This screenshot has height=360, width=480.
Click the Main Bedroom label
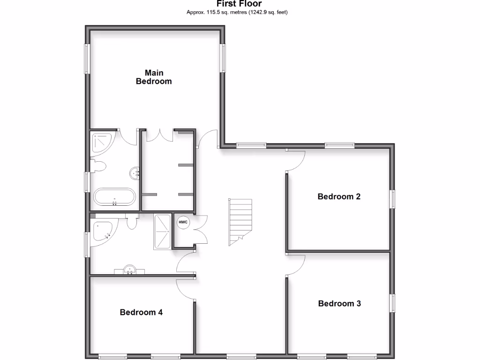coord(154,77)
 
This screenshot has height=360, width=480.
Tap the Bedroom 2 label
coord(339,196)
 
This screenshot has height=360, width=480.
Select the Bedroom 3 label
coord(339,303)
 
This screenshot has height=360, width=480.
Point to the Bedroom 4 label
coord(141,312)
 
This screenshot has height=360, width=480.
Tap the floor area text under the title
coord(237,12)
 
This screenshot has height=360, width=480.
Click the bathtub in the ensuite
coord(115,197)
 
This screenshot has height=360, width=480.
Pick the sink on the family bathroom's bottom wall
coord(129,270)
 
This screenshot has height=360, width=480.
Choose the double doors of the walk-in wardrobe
coord(160,135)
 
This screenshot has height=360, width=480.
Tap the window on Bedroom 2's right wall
coord(393,199)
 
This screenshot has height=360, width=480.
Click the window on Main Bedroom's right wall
coord(223,58)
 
